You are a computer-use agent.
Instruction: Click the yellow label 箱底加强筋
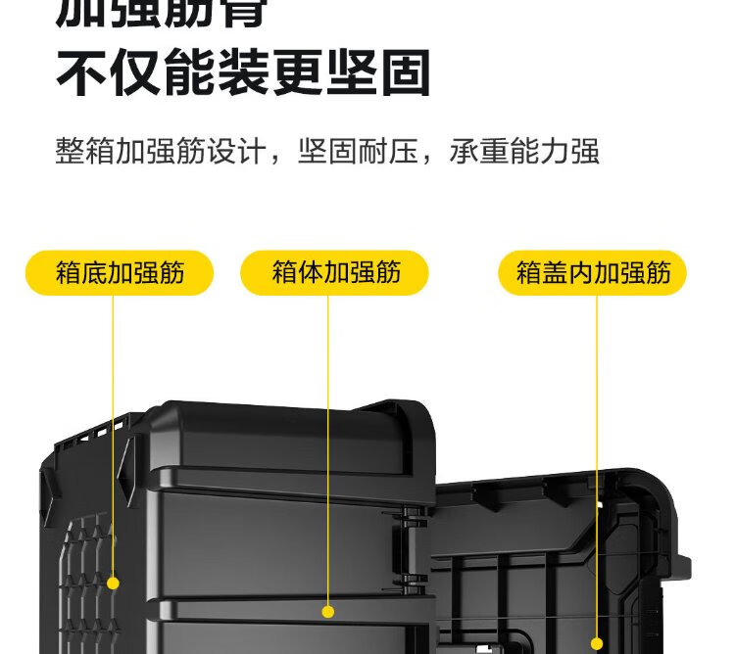pyautogui.click(x=120, y=272)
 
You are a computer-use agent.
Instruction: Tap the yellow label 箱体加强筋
pyautogui.click(x=335, y=272)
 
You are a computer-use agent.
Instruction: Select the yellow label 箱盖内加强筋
pyautogui.click(x=593, y=272)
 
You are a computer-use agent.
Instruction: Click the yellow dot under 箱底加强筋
pyautogui.click(x=113, y=583)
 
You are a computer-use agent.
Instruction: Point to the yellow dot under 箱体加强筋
pyautogui.click(x=328, y=612)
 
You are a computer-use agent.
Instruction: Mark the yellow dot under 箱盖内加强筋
pyautogui.click(x=597, y=643)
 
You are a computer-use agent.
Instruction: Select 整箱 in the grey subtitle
pyautogui.click(x=85, y=152)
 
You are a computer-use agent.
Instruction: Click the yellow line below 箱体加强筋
pyautogui.click(x=328, y=441)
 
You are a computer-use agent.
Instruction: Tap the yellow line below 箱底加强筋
pyautogui.click(x=113, y=431)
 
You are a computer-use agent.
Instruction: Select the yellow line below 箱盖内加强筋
pyautogui.click(x=597, y=460)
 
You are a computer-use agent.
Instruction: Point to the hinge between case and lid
pyautogui.click(x=414, y=548)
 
